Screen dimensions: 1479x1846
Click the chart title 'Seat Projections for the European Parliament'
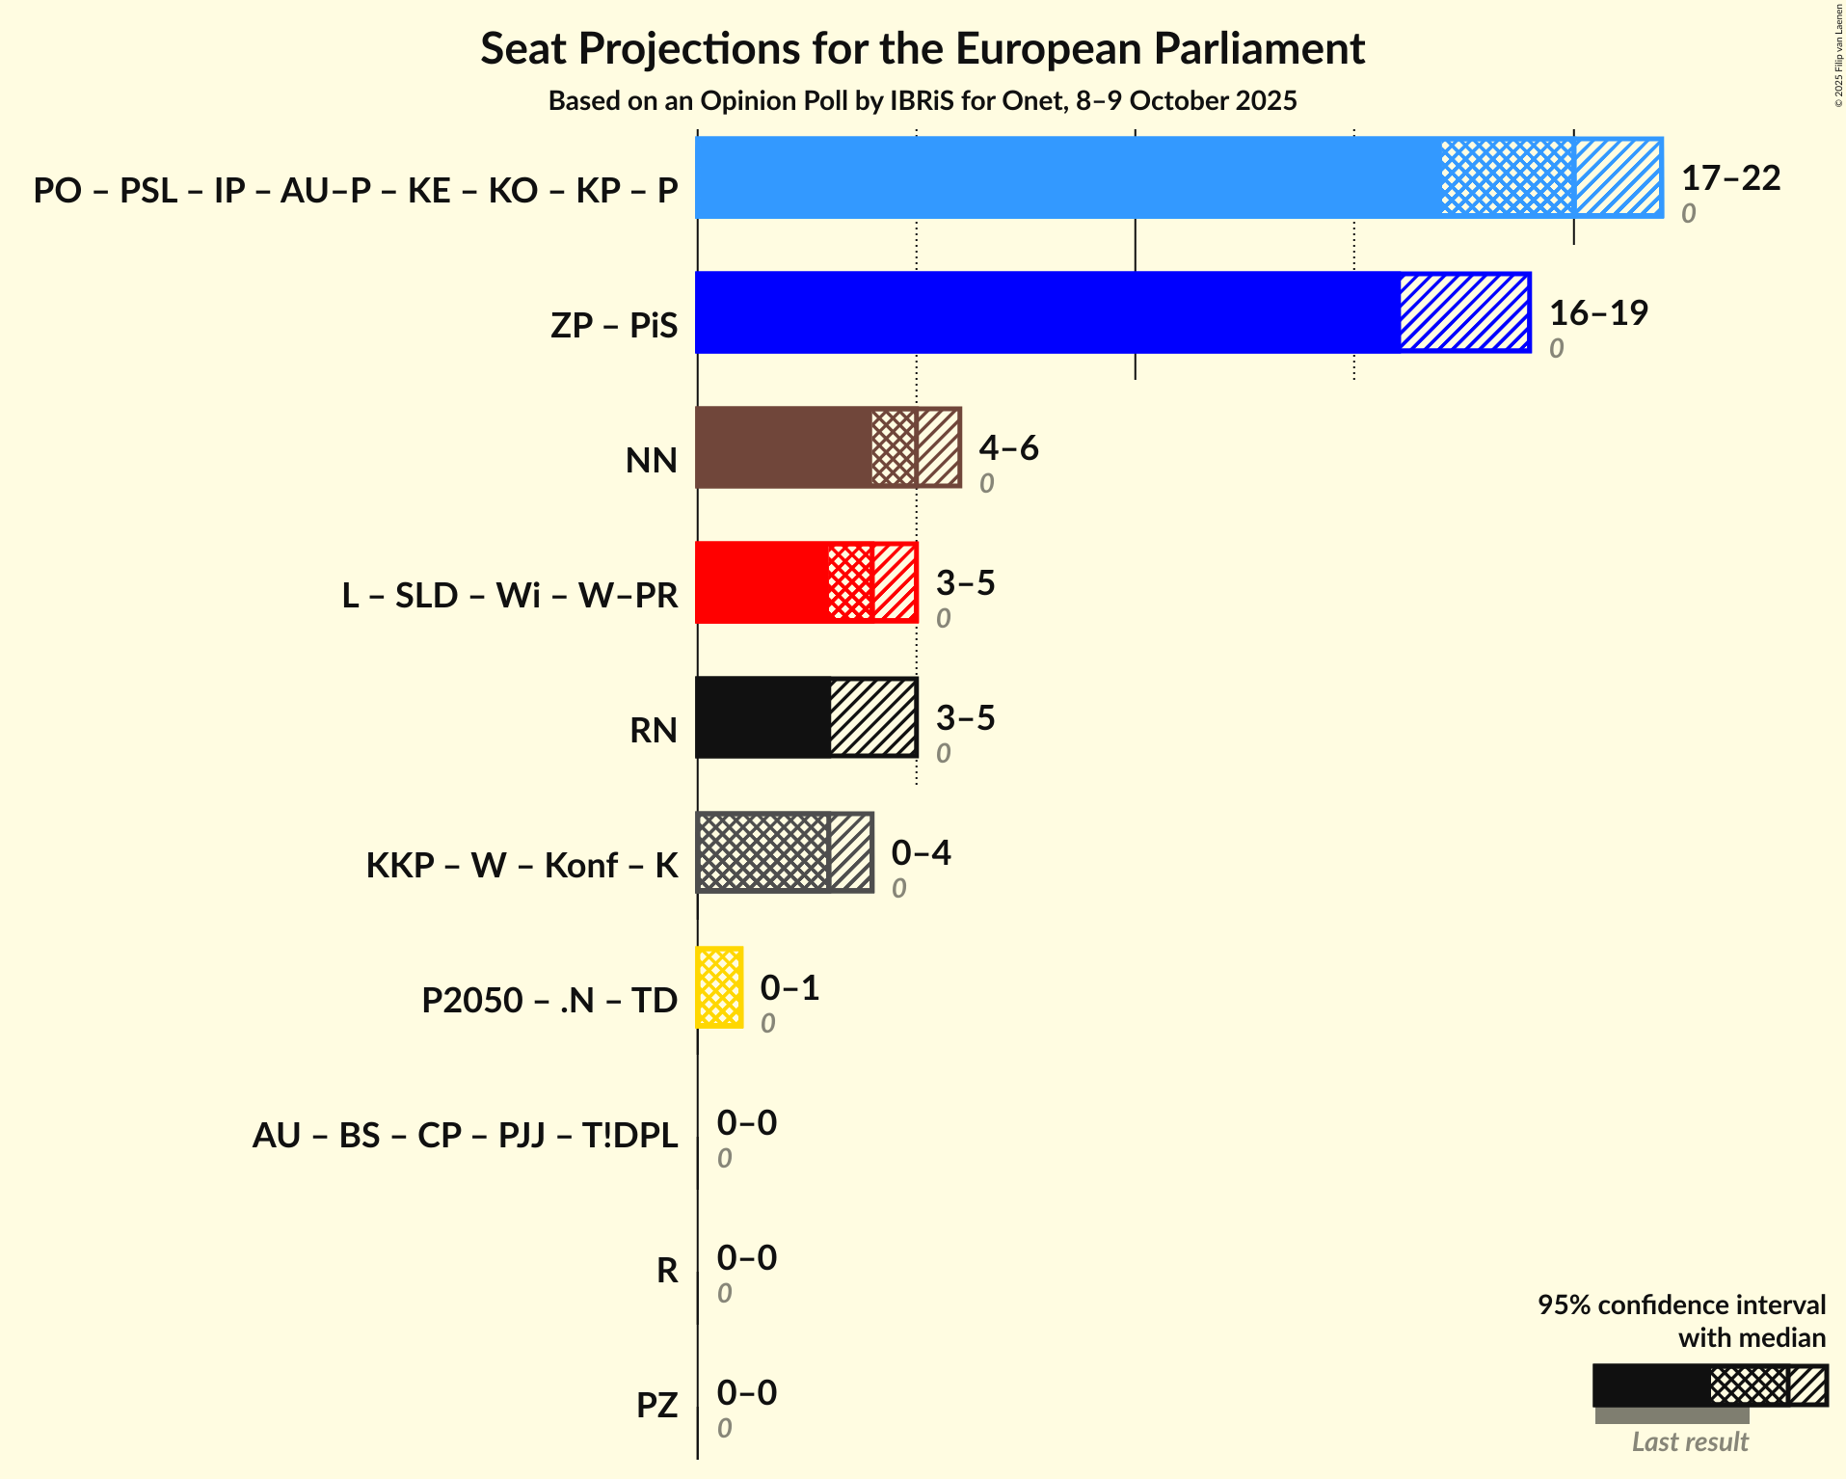(x=923, y=49)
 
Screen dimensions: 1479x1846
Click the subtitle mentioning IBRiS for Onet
(x=923, y=101)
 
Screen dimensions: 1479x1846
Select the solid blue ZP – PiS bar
(x=1046, y=312)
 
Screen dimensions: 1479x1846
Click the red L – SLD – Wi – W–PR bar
(x=762, y=582)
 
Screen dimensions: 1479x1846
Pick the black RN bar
(x=762, y=717)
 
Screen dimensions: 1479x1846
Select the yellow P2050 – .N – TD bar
(x=719, y=987)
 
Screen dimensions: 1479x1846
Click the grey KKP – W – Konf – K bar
(x=762, y=852)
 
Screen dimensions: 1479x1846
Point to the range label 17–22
(x=1730, y=178)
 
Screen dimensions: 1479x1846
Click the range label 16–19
(x=1598, y=313)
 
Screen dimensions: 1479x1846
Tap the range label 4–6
(x=1008, y=448)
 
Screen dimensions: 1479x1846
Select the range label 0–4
(x=921, y=853)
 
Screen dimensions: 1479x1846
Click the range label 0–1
(x=789, y=988)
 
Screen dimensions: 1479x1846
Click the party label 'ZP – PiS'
(x=614, y=326)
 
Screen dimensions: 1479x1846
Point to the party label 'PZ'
(x=656, y=1406)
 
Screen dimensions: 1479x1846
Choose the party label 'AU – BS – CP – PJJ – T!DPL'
(x=465, y=1136)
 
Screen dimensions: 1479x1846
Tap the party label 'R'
(x=667, y=1271)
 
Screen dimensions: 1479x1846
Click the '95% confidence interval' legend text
(x=1681, y=1305)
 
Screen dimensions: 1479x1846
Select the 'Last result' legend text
(x=1690, y=1442)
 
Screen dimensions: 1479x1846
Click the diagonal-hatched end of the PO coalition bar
(x=1619, y=177)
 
